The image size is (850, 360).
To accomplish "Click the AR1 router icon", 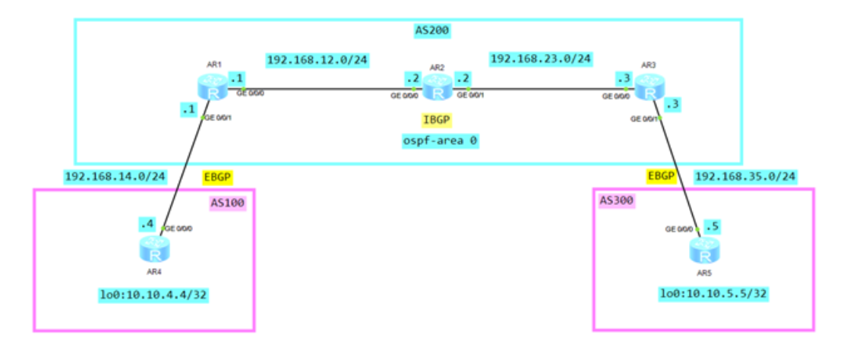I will pyautogui.click(x=216, y=90).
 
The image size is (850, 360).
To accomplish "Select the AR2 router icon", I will pyautogui.click(x=437, y=89).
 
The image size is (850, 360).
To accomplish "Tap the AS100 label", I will pyautogui.click(x=229, y=203).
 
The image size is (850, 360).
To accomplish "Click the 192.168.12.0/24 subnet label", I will pyautogui.click(x=318, y=59).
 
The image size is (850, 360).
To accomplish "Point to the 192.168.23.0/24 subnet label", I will pyautogui.click(x=542, y=58).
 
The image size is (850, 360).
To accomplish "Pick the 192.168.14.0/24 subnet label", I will pyautogui.click(x=115, y=177).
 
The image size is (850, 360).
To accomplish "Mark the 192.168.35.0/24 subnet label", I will pyautogui.click(x=745, y=176).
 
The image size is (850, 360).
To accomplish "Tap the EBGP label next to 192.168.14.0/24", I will pyautogui.click(x=216, y=177).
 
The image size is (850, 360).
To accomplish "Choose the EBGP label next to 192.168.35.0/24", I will pyautogui.click(x=661, y=176).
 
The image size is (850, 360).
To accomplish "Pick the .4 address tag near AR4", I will pyautogui.click(x=147, y=224).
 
